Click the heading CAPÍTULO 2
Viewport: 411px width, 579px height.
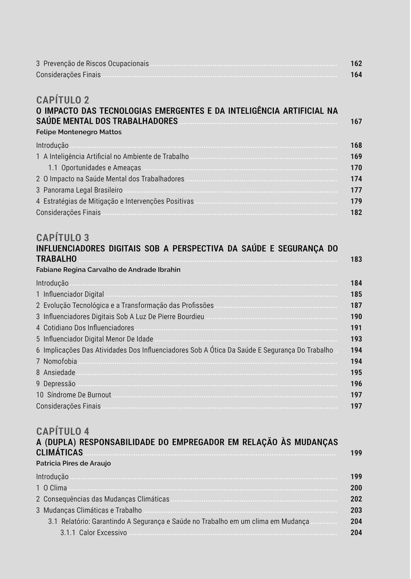(62, 100)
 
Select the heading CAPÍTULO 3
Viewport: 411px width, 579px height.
(62, 238)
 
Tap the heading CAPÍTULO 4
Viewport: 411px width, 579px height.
(62, 431)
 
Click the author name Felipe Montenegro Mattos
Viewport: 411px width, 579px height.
(79, 132)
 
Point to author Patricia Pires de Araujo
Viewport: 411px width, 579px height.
(73, 463)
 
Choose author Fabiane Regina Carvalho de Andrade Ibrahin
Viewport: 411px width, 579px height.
(108, 269)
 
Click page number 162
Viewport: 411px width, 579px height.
(356, 64)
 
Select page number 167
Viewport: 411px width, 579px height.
(356, 122)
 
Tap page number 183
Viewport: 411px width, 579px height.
(356, 259)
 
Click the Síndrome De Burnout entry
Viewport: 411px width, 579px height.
(79, 395)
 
